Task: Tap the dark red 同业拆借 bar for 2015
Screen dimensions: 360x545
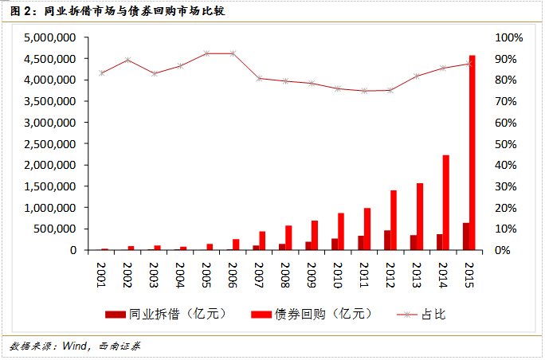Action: point(465,237)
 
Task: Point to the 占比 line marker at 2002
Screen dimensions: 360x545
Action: point(128,60)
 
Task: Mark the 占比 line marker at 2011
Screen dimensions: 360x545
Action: point(363,91)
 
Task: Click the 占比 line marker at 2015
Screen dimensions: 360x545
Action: point(469,64)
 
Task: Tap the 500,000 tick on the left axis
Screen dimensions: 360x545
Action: point(54,229)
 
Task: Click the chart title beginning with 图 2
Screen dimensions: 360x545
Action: point(111,11)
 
